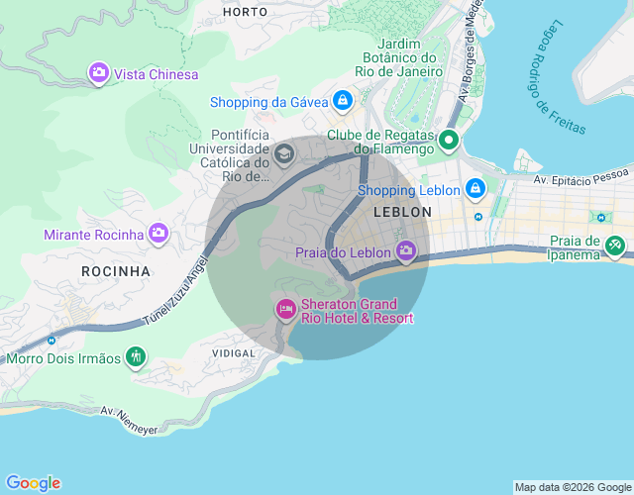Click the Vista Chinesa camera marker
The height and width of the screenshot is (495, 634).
pyautogui.click(x=98, y=73)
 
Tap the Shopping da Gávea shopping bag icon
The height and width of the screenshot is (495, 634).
pyautogui.click(x=342, y=101)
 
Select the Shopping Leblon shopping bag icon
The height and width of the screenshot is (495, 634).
pyautogui.click(x=475, y=188)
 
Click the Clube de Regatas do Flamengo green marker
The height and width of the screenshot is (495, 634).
pyautogui.click(x=448, y=141)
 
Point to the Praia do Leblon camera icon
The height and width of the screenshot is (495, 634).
pyautogui.click(x=405, y=251)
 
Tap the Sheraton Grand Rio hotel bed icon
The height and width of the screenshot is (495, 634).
pyautogui.click(x=285, y=310)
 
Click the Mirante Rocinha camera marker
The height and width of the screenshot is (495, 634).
pyautogui.click(x=158, y=234)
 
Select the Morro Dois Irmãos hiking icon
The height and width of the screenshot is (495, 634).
pyautogui.click(x=136, y=356)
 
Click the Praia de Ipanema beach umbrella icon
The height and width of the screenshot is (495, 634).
pyautogui.click(x=615, y=243)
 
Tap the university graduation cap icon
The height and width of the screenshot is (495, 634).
pyautogui.click(x=284, y=153)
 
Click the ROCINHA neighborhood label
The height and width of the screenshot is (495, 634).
pyautogui.click(x=117, y=270)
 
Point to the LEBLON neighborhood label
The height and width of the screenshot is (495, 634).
pyautogui.click(x=402, y=212)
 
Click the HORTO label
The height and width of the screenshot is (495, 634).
pyautogui.click(x=246, y=12)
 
